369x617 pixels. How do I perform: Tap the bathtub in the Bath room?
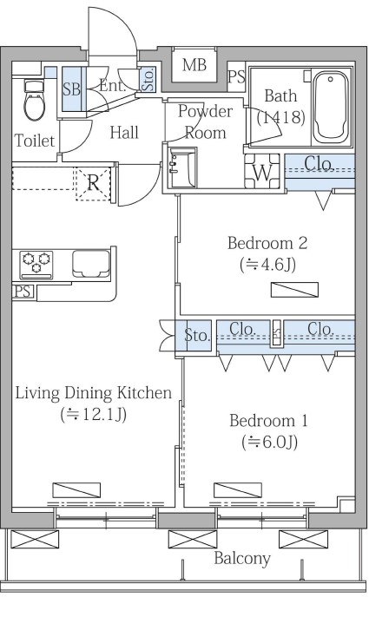tap(331, 108)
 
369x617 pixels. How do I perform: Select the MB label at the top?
tap(194, 65)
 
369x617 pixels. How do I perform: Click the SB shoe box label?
tap(72, 89)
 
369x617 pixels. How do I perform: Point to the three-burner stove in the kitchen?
tap(36, 264)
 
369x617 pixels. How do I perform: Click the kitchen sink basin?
tap(91, 263)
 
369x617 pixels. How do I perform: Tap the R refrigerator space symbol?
tap(93, 183)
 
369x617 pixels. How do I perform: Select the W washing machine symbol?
tap(262, 172)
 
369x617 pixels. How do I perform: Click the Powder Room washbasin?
tap(182, 168)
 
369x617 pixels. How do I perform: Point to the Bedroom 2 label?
tap(267, 243)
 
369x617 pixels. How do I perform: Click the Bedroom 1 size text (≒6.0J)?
tap(269, 443)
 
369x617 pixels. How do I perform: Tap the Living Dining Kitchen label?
tap(93, 393)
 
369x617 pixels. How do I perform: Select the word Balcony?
tap(242, 558)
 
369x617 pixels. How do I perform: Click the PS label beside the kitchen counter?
tap(23, 292)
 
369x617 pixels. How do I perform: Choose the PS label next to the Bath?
tap(236, 76)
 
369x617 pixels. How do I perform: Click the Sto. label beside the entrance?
tap(148, 80)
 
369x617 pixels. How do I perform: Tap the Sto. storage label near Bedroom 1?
tap(196, 336)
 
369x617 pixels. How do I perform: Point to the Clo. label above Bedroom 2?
tap(320, 163)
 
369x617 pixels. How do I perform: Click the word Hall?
tap(124, 133)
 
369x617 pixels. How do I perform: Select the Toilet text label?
tap(34, 140)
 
